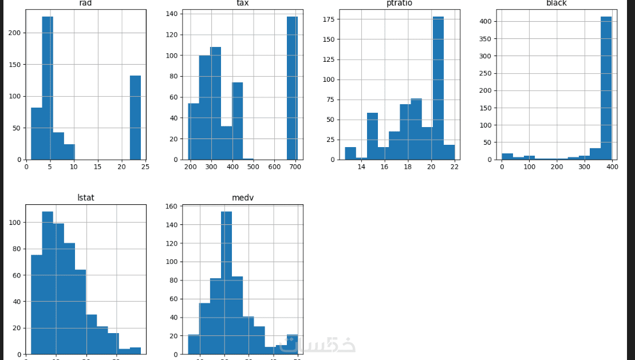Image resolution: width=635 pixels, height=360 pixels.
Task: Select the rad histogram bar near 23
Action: (x=135, y=117)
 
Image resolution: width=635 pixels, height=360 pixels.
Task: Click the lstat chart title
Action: (x=85, y=197)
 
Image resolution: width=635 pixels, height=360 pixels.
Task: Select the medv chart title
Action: (x=242, y=197)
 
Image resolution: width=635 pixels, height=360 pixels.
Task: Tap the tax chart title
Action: (x=242, y=3)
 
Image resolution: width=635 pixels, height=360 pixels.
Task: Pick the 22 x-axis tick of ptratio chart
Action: (x=454, y=167)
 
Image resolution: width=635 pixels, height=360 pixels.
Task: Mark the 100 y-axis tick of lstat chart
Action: (x=15, y=222)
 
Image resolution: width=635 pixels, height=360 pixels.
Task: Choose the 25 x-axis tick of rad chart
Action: (x=145, y=167)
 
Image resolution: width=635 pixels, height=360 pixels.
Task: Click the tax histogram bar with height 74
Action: (x=237, y=121)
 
